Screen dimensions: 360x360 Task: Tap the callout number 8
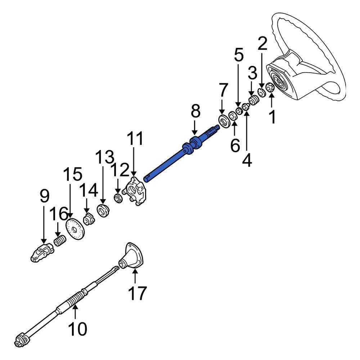(195, 112)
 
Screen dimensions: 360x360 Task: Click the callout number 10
(77, 328)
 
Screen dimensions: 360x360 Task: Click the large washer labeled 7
(224, 121)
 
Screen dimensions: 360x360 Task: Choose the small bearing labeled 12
(117, 198)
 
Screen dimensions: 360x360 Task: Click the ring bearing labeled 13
(104, 210)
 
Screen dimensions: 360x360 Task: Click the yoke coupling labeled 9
(41, 252)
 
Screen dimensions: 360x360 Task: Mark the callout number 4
(247, 160)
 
